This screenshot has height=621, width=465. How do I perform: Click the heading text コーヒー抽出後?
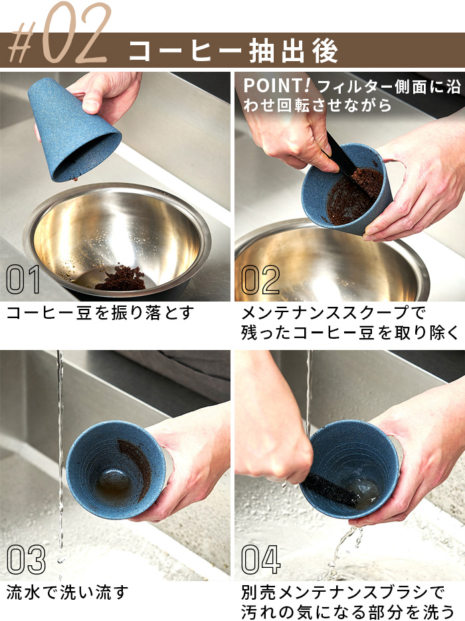[x=234, y=50]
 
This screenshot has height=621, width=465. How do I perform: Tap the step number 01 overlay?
[x=23, y=280]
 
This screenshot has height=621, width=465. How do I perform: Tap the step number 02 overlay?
[x=260, y=280]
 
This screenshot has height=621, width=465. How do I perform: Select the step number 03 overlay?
[x=26, y=559]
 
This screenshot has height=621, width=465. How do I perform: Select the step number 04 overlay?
[x=261, y=559]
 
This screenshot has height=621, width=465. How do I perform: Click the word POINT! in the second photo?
[x=277, y=86]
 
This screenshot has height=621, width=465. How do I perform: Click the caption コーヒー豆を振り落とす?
[x=100, y=313]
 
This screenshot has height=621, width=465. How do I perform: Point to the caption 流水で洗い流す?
[x=67, y=592]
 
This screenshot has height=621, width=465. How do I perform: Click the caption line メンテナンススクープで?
[x=333, y=313]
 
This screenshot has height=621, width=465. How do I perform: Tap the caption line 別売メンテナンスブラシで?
[x=343, y=592]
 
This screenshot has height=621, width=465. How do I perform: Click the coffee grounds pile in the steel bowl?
[x=121, y=279]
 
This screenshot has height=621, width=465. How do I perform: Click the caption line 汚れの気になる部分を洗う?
[x=348, y=612]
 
